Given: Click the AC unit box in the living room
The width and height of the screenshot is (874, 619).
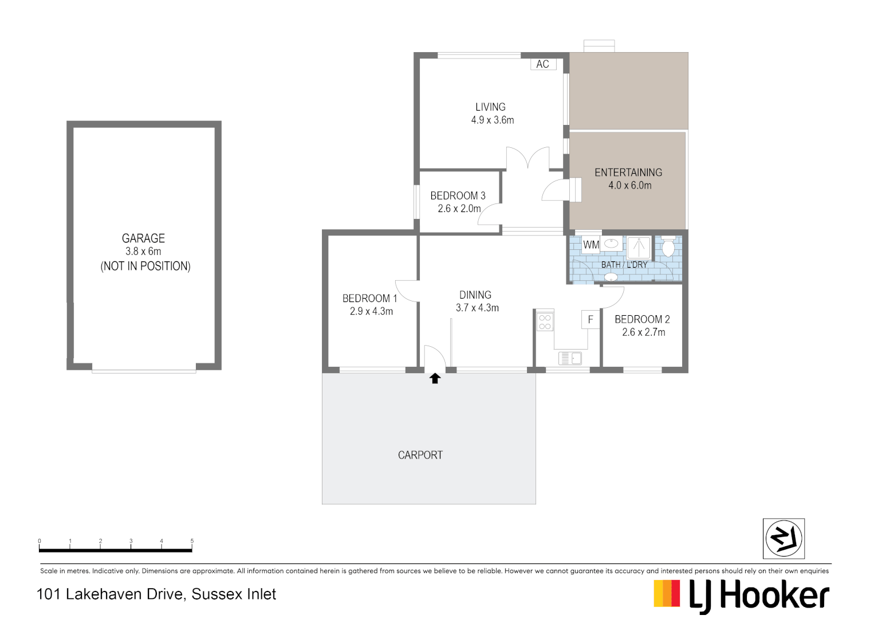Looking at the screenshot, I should click(x=543, y=64).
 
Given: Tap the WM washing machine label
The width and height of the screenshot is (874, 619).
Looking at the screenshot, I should click(x=591, y=245).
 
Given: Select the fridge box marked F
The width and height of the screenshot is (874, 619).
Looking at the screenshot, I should click(x=590, y=320).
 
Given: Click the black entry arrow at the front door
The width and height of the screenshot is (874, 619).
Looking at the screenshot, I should click(x=435, y=378).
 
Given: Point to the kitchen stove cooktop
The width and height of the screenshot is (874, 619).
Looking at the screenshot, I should click(x=545, y=322).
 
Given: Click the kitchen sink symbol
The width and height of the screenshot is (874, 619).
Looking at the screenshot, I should click(x=570, y=358).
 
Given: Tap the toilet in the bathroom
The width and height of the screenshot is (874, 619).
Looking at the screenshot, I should click(x=668, y=248).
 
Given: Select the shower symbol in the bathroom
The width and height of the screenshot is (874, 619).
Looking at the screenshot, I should click(x=639, y=248).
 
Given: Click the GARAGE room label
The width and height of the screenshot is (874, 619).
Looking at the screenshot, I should click(x=143, y=238).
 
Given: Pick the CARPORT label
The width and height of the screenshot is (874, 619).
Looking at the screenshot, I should click(x=420, y=455).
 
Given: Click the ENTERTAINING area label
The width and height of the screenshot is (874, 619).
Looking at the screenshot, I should click(x=628, y=173).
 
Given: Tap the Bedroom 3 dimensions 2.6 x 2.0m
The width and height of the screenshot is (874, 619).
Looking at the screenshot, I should click(x=459, y=209).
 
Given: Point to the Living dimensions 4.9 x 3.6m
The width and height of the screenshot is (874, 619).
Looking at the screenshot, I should click(x=493, y=120).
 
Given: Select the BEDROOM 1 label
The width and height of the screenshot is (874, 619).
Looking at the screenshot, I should click(x=369, y=299).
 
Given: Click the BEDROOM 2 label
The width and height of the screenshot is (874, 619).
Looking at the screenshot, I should click(x=642, y=319).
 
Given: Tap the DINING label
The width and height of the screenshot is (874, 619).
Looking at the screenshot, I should click(x=475, y=295).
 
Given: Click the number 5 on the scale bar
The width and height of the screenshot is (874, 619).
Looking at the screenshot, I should click(x=192, y=541).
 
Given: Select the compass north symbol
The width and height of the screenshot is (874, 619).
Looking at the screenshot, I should click(x=784, y=538).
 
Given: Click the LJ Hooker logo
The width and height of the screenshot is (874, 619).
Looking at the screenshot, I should click(x=742, y=596).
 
